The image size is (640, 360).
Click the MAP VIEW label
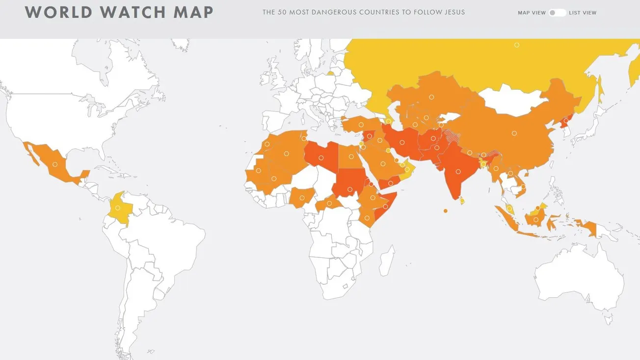point(532,13)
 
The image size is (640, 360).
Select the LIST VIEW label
point(583,13)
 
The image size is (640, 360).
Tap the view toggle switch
point(557,13)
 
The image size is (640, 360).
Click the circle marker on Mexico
point(55,165)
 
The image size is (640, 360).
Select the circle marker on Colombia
point(118,208)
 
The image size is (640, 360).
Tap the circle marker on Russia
point(517,45)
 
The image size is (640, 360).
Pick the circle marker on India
point(458,172)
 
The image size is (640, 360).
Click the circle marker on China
point(514,133)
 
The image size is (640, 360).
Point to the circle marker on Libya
point(321,158)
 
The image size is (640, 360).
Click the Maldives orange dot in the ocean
point(445,211)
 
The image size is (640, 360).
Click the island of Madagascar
point(387,260)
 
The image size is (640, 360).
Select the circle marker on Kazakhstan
point(431,97)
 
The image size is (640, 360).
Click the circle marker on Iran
point(402,143)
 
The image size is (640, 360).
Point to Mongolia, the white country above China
point(510,101)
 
